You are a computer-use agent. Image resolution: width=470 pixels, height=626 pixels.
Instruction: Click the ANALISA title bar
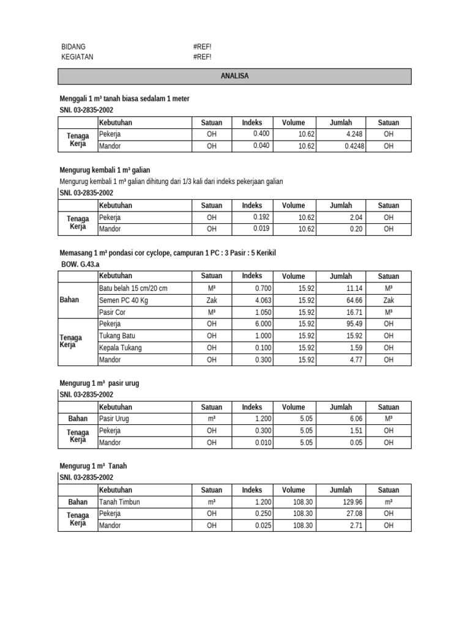pyautogui.click(x=235, y=76)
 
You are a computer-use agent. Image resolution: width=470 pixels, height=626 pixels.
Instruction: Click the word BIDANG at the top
pyautogui.click(x=73, y=46)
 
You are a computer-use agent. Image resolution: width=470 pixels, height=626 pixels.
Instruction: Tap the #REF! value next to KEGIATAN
pyautogui.click(x=201, y=57)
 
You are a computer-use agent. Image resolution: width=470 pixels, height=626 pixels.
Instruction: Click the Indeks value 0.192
pyautogui.click(x=261, y=217)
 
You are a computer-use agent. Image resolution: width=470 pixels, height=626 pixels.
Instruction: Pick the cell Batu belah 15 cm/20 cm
pyautogui.click(x=133, y=288)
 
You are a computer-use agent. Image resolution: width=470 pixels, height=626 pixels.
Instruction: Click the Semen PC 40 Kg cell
pyautogui.click(x=124, y=300)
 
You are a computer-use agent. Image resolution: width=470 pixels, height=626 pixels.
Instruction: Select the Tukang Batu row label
pyautogui.click(x=118, y=336)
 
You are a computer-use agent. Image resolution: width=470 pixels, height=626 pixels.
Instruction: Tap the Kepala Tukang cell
pyautogui.click(x=120, y=348)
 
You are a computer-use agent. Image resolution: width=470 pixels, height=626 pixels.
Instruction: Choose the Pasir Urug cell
pyautogui.click(x=114, y=419)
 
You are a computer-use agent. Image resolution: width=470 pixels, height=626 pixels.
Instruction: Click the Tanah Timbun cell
pyautogui.click(x=119, y=502)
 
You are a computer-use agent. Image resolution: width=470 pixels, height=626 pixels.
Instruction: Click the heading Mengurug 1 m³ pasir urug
pyautogui.click(x=99, y=383)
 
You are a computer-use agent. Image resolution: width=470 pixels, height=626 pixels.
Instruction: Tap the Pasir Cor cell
pyautogui.click(x=113, y=312)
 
